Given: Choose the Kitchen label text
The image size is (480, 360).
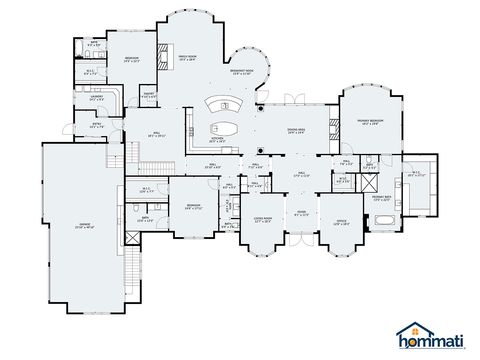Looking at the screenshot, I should pos(216,142).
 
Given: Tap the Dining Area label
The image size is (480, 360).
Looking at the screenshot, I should pos(295,131).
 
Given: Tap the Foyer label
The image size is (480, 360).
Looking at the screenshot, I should pos(301,212).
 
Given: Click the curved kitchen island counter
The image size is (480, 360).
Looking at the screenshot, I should pos(225,105).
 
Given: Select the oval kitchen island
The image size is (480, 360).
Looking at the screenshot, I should pos(223,128).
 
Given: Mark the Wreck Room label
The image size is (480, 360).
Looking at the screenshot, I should pos(188,58).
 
